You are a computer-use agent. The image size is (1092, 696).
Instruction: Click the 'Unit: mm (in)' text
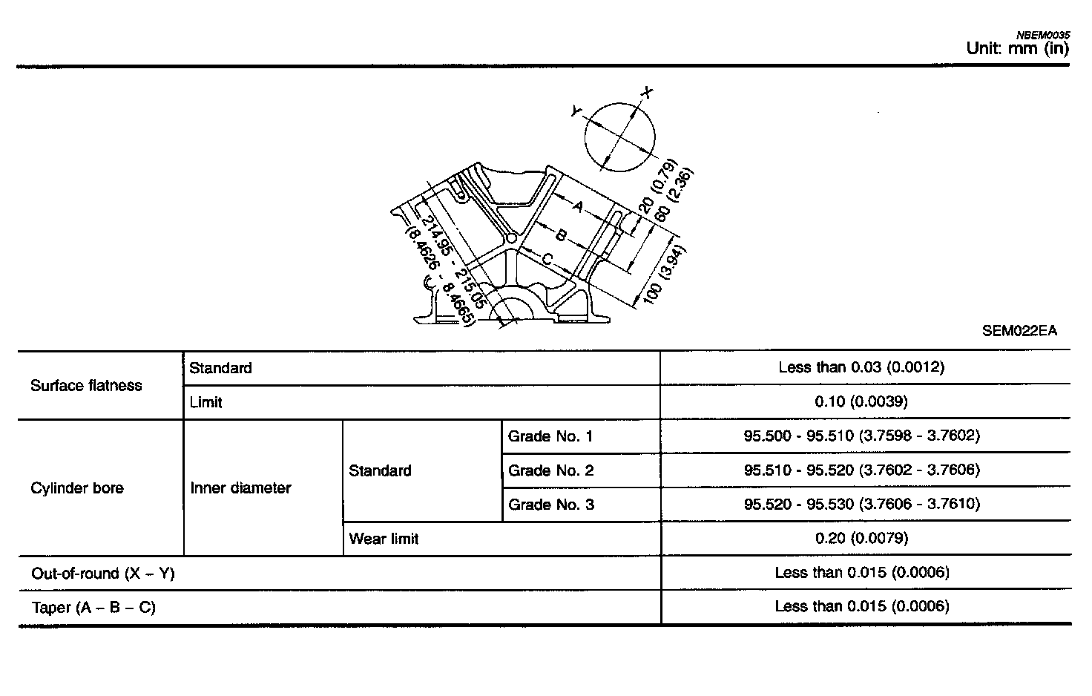[1017, 49]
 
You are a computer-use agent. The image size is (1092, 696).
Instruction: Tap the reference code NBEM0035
[1042, 34]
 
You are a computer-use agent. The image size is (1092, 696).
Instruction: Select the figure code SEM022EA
[1019, 331]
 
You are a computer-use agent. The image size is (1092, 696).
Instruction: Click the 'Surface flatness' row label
[86, 386]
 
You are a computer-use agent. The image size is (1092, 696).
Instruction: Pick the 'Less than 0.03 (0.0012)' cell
[861, 367]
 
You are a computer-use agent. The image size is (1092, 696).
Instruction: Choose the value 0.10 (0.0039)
[861, 402]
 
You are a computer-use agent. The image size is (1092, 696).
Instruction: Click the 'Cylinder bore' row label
[77, 488]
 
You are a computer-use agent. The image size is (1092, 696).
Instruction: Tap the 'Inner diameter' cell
[240, 488]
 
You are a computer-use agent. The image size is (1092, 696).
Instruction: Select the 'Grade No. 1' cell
[550, 436]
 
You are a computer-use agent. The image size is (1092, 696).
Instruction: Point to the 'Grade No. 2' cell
[550, 470]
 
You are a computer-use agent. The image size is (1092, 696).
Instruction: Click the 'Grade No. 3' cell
[550, 505]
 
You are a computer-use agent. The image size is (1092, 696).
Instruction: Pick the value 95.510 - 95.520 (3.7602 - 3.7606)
[861, 470]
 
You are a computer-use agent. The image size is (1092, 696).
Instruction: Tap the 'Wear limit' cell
[384, 539]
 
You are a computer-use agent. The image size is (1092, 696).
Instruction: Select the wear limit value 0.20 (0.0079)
[861, 538]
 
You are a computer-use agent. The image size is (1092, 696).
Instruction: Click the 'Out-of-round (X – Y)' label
[103, 574]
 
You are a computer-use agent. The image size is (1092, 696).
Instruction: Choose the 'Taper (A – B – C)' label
[93, 608]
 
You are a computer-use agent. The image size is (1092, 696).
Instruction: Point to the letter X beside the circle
[648, 93]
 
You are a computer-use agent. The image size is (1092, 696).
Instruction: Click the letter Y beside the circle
[576, 111]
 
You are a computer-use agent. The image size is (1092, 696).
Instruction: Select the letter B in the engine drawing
[562, 236]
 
